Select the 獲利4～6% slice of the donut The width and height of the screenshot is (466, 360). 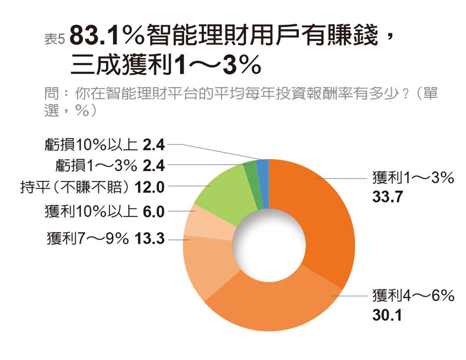(x=265, y=309)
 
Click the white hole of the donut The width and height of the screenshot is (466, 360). (x=269, y=246)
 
